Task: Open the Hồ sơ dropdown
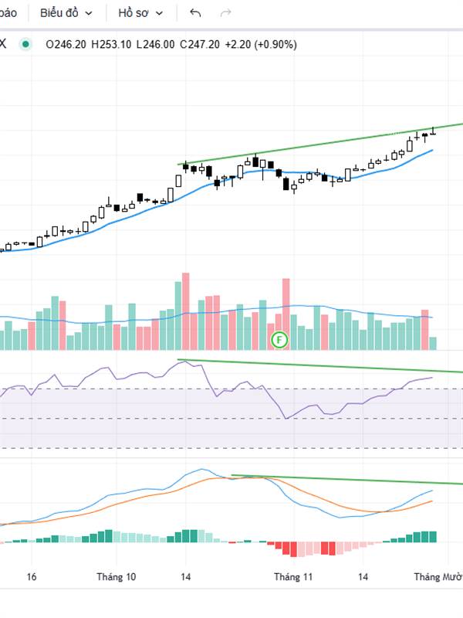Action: [x=140, y=13]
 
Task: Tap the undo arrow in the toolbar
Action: [x=195, y=13]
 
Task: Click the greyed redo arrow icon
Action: [x=226, y=13]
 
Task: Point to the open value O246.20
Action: [x=66, y=45]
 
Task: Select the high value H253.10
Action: [x=112, y=45]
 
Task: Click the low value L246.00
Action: [x=156, y=45]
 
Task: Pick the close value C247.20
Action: [x=200, y=45]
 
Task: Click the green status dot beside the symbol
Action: [x=26, y=45]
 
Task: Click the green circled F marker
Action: [x=280, y=339]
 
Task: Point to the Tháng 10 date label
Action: [x=117, y=576]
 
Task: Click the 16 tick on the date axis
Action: [x=32, y=576]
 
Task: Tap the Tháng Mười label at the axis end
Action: [x=438, y=576]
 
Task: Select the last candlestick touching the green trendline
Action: [x=433, y=132]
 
